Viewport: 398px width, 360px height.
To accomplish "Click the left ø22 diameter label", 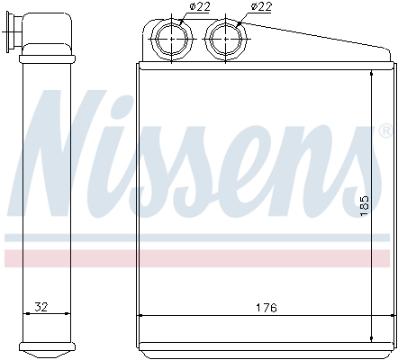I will pos(199,7).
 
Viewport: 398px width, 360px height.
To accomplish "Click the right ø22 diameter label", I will pos(260,7).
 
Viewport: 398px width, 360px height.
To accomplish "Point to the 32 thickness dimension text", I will pos(40,307).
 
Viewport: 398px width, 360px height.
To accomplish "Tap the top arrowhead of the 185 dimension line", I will pos(372,71).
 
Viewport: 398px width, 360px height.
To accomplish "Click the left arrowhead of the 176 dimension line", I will pos(142,314).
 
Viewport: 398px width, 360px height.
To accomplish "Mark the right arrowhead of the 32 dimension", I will pos(68,314).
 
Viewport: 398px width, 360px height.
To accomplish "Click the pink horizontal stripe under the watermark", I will pos(198,258).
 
